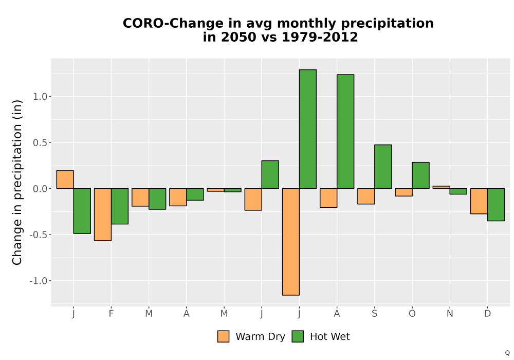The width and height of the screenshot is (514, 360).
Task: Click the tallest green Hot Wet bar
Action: click(308, 129)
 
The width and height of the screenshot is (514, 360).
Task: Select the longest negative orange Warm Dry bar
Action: click(291, 242)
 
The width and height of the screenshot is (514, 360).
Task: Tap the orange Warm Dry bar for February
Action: click(103, 214)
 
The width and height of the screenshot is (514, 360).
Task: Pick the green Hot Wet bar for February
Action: click(120, 206)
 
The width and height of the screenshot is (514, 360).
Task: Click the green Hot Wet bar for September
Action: click(383, 167)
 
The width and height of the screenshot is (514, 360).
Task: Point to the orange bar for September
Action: click(366, 196)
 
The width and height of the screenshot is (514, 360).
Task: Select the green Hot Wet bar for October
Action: click(420, 175)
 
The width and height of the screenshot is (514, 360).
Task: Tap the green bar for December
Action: click(496, 205)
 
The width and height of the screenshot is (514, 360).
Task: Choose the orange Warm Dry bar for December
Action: click(479, 201)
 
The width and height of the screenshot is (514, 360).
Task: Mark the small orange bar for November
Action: click(441, 187)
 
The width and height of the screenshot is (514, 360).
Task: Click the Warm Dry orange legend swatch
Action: click(223, 336)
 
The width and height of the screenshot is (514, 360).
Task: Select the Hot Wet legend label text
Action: click(330, 337)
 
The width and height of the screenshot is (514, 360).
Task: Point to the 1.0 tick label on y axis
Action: click(40, 96)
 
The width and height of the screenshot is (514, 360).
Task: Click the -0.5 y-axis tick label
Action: click(39, 235)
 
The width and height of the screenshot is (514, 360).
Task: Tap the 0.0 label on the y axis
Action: click(40, 189)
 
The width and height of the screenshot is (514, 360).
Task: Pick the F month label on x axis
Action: click(111, 313)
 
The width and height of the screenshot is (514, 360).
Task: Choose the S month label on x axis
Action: click(374, 313)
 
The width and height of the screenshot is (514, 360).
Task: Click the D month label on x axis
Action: click(487, 313)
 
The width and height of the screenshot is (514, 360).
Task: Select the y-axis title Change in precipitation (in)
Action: click(17, 182)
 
